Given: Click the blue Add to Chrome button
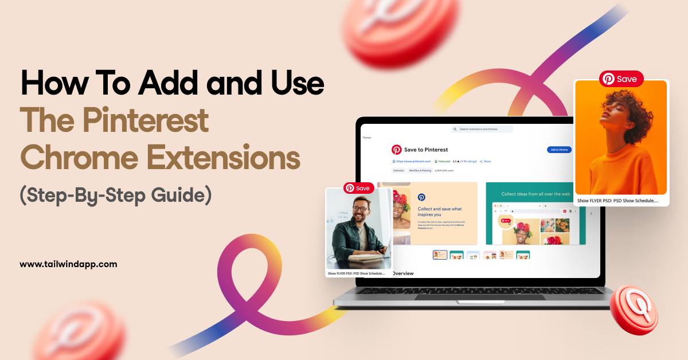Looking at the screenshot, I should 559,150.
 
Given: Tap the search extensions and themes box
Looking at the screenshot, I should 482,130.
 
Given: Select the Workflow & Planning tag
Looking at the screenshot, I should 420,170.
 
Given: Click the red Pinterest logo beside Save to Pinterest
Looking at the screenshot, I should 397,150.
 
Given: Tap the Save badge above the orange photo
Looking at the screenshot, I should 621,79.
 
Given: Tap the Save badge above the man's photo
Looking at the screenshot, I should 358,188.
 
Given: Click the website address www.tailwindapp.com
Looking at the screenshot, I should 68,264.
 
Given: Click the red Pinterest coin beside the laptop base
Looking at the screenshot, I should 634,310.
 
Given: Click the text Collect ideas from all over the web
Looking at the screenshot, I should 535,194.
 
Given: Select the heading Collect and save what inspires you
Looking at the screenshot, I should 440,212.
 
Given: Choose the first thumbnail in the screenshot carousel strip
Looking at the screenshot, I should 440,255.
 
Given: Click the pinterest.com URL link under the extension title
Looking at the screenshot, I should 412,162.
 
